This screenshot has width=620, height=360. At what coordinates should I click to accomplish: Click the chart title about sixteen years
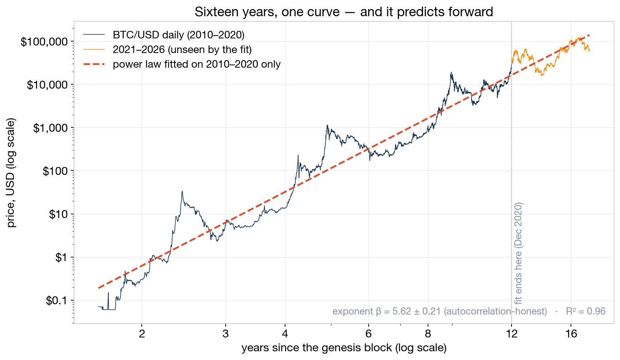[344, 12]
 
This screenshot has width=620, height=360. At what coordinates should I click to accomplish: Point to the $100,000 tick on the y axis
[44, 42]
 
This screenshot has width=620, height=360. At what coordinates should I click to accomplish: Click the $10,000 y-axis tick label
[48, 85]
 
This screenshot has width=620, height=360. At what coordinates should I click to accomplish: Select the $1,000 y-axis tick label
[50, 128]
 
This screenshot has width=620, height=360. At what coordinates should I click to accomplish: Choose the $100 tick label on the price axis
[55, 171]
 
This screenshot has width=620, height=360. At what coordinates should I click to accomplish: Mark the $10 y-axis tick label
[59, 214]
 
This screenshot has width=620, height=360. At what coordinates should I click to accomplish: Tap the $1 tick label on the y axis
[61, 258]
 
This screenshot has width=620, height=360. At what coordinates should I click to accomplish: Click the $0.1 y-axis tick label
[57, 301]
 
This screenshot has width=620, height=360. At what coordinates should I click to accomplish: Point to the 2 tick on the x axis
[142, 334]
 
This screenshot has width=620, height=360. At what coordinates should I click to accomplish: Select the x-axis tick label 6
[369, 334]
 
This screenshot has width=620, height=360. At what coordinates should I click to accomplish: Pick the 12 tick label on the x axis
[512, 334]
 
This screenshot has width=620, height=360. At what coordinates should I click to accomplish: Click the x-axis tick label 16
[571, 334]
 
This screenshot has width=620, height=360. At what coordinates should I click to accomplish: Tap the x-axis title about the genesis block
[344, 348]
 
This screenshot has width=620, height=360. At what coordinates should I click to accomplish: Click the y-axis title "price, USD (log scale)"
[11, 173]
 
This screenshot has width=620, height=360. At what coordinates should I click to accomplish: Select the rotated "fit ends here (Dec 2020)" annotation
[518, 253]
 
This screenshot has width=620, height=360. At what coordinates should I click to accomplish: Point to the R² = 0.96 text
[586, 311]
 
